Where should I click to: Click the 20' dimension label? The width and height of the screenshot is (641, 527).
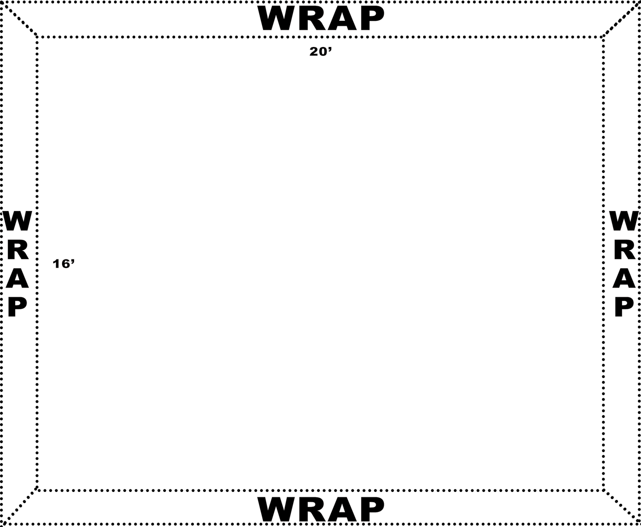pyautogui.click(x=320, y=52)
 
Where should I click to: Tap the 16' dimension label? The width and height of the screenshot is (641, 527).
pyautogui.click(x=64, y=264)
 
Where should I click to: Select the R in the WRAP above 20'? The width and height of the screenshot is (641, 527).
pyautogui.click(x=311, y=19)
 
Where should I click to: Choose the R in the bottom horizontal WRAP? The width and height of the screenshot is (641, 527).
pyautogui.click(x=311, y=509)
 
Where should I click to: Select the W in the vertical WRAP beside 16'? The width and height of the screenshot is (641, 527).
pyautogui.click(x=18, y=222)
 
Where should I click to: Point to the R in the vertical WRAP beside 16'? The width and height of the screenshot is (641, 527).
pyautogui.click(x=18, y=252)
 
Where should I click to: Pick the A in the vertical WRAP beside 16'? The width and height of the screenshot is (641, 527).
pyautogui.click(x=18, y=279)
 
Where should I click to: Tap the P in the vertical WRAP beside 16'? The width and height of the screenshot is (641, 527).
pyautogui.click(x=18, y=307)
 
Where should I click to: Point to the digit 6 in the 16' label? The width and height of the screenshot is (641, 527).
pyautogui.click(x=66, y=264)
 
